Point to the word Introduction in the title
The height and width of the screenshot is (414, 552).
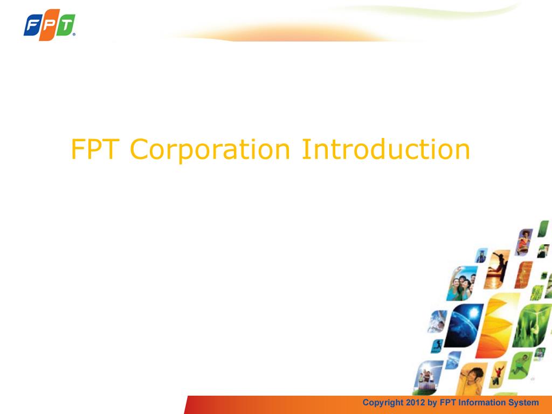[x=385, y=149]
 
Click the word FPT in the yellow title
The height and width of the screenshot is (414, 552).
[x=95, y=150]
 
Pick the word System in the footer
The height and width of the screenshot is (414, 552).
[x=525, y=403]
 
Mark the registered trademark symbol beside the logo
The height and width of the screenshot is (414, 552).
[x=74, y=34]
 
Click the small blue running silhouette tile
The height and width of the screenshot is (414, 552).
[x=437, y=344]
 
